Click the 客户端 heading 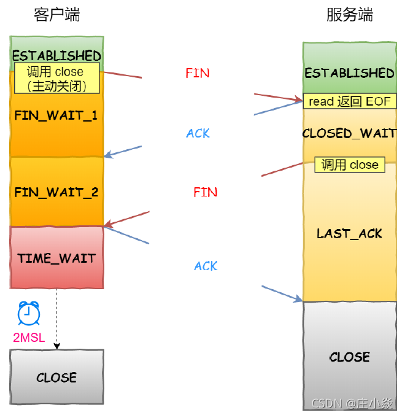pos(56,15)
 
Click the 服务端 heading pos(349,15)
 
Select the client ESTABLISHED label pos(56,56)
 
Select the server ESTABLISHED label pos(349,73)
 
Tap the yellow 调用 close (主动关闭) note pos(56,79)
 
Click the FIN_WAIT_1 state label pos(56,115)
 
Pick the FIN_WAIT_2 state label pos(56,192)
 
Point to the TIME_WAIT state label pos(56,258)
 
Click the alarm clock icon pos(29,313)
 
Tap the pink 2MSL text pos(29,337)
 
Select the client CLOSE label pos(56,378)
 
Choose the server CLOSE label pos(349,357)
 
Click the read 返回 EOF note pos(349,101)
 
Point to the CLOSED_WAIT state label pos(349,133)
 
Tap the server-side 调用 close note pos(350,165)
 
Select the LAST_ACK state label pos(349,233)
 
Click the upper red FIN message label pos(197,73)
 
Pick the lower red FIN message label pos(205,192)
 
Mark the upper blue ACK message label pos(198,133)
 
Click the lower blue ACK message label pos(206,266)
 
